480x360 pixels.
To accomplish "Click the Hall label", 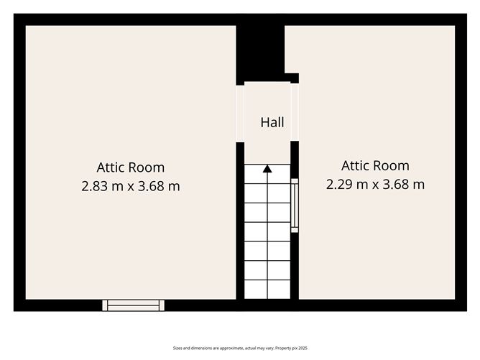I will tap(272, 123).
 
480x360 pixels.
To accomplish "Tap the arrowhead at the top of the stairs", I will tap(267, 169).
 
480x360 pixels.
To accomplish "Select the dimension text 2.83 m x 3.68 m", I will tap(131, 186).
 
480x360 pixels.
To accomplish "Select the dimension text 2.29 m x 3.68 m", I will tap(375, 184).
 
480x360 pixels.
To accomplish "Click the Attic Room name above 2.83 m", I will tap(131, 167).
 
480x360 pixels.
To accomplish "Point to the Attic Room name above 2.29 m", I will tap(375, 165).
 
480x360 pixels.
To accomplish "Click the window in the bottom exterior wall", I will tap(133, 305).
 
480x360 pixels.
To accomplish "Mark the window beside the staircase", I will tap(294, 206).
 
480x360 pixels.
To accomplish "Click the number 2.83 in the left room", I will tap(95, 186).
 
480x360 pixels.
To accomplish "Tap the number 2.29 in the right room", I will tap(339, 184).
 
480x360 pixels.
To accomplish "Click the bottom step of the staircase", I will tap(267, 290).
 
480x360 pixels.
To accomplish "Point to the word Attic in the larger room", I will tap(111, 167).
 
